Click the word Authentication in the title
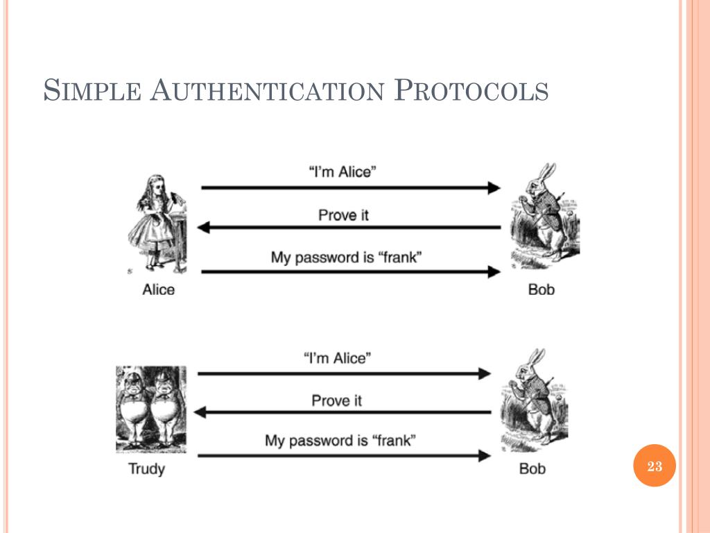266,90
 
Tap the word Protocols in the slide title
471,90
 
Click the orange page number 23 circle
655,466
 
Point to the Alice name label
158,289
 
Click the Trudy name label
146,468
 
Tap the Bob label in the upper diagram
542,289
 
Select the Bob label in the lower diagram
532,468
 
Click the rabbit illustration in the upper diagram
545,215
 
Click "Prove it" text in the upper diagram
343,214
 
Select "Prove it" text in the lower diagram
336,400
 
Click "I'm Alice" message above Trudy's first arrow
338,358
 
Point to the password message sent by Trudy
340,440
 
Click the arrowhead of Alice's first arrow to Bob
494,187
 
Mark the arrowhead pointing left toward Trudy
200,412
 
